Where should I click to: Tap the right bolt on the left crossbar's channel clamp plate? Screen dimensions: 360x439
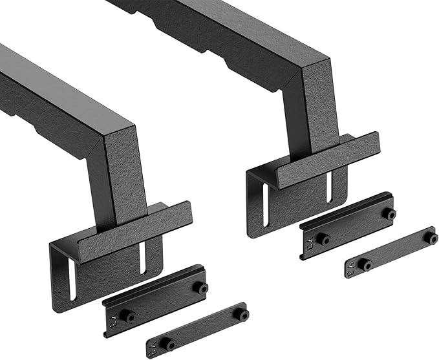pos(203,288)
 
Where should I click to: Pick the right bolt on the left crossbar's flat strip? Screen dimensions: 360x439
pos(244,315)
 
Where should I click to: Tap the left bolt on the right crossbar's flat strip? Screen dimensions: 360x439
pos(366,264)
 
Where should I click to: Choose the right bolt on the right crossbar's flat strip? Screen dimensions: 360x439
pos(431,238)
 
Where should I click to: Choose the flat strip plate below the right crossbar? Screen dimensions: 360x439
pos(392,253)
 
